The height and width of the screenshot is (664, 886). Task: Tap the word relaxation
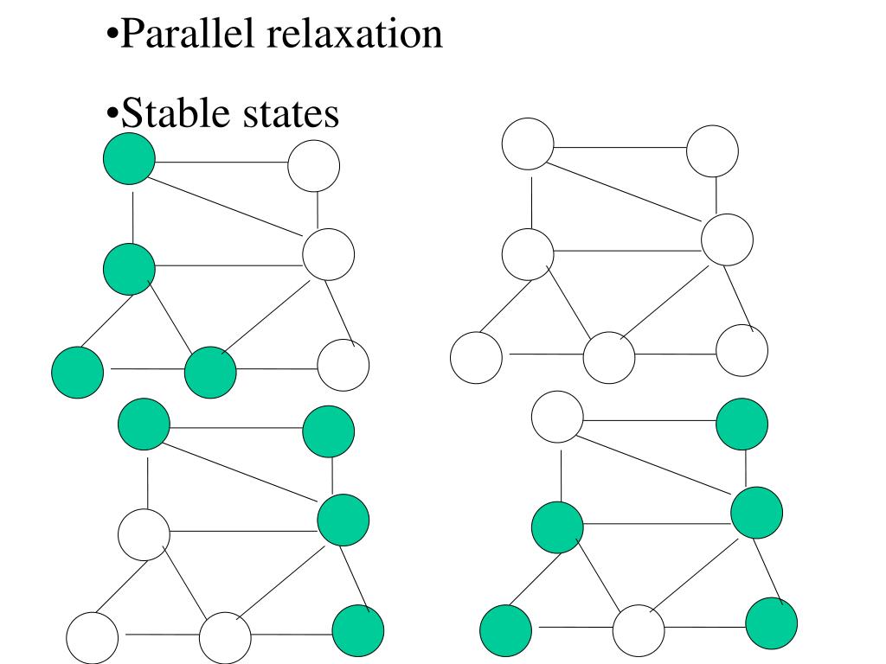pos(354,34)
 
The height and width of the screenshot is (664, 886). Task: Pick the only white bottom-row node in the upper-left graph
pos(343,365)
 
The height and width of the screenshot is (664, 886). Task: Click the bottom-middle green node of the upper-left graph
pos(210,373)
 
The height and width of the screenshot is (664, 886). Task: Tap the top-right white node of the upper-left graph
pos(313,166)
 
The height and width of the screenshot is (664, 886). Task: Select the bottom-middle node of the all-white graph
pos(609,358)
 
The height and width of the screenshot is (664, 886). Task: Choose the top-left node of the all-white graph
pos(528,144)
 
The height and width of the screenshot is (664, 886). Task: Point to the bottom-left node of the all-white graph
pos(477,358)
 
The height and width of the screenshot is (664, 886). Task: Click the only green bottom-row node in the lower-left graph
pos(358,630)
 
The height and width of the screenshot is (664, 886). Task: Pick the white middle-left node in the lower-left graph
pos(144,534)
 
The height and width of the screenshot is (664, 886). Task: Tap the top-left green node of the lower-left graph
pos(144,424)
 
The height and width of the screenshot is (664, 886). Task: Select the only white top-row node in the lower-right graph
pos(557,417)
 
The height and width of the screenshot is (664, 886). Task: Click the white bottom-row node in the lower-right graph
pos(639,630)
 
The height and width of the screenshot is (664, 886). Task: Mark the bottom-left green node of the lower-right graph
pos(505,630)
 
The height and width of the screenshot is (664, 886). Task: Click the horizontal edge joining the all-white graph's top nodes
pos(620,147)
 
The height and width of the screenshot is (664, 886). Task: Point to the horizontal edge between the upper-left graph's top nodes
pos(221,162)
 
